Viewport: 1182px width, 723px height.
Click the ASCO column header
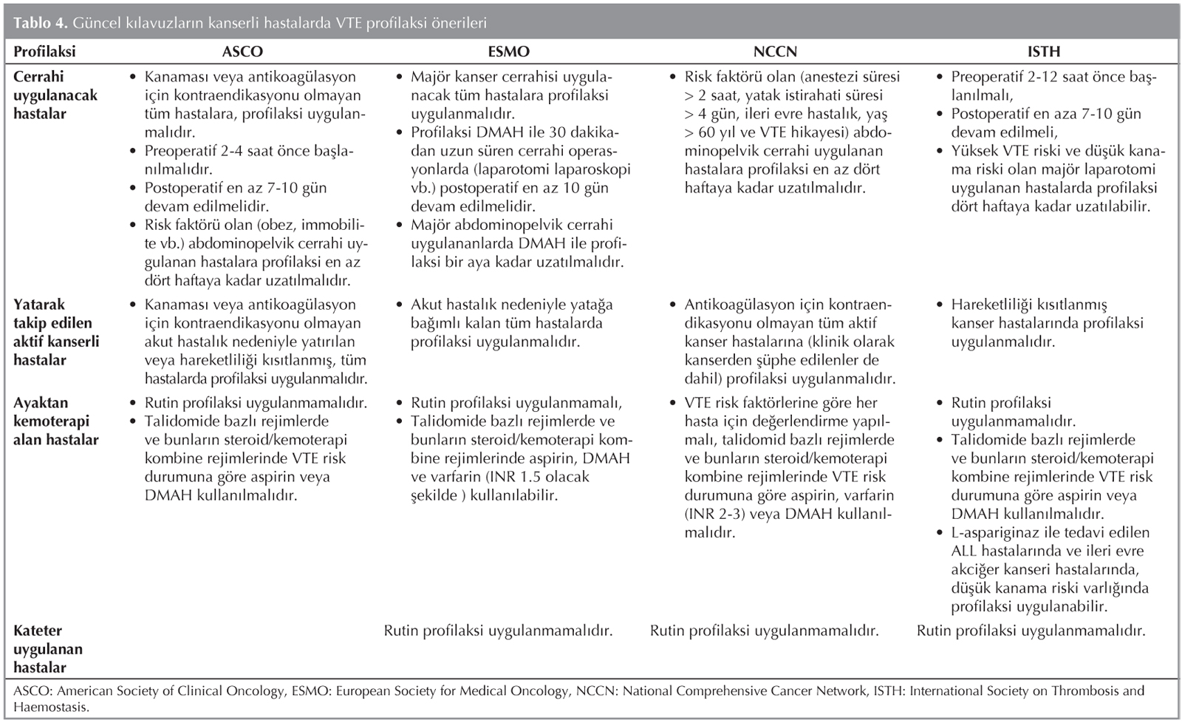coord(242,52)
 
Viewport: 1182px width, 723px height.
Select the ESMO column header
coord(508,52)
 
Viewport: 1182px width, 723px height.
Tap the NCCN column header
coord(775,52)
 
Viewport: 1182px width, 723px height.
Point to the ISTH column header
coord(1043,52)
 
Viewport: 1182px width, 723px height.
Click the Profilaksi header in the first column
coord(44,52)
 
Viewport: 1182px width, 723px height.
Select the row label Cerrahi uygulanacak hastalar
coord(55,95)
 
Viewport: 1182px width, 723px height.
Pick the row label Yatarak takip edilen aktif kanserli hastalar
coord(56,332)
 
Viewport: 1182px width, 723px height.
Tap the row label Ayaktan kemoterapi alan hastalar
coord(56,421)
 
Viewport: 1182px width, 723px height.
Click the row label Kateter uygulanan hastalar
coord(48,649)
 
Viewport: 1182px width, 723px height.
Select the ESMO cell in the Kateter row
coord(498,631)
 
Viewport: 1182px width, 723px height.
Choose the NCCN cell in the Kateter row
coord(764,631)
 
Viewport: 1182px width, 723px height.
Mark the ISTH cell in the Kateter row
coord(1031,631)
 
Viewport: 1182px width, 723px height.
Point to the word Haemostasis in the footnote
coord(51,707)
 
